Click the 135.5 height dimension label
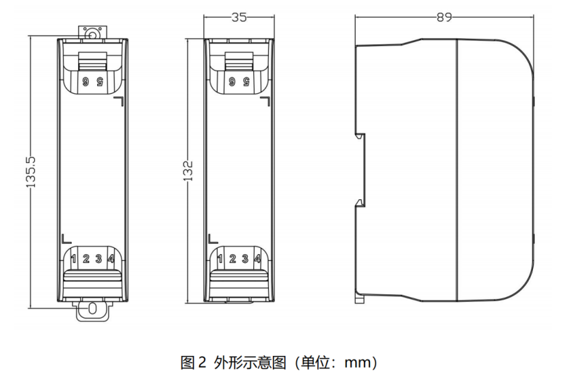click(x=29, y=171)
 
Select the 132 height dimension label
click(x=189, y=170)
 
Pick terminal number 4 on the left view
click(x=111, y=259)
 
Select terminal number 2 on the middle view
click(x=233, y=259)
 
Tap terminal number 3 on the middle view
click(x=244, y=259)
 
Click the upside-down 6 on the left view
click(x=86, y=81)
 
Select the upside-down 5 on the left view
click(x=99, y=81)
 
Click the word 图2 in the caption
click(x=187, y=362)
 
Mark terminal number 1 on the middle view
click(x=220, y=259)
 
